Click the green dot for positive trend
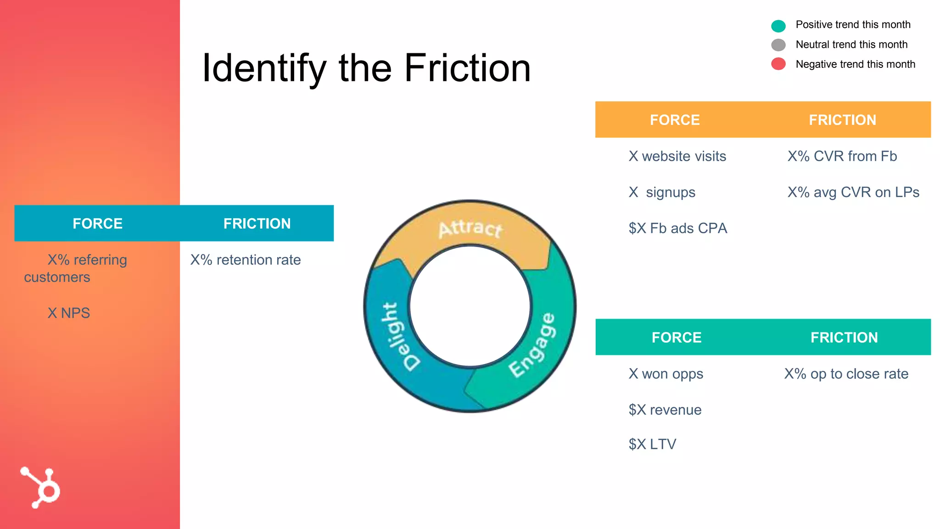pyautogui.click(x=778, y=26)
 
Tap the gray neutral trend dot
pyautogui.click(x=778, y=45)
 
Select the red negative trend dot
pyautogui.click(x=778, y=64)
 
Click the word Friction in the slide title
pyautogui.click(x=467, y=68)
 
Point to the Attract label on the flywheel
pyautogui.click(x=470, y=228)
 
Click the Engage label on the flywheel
pyautogui.click(x=533, y=345)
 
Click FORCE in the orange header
pyautogui.click(x=675, y=120)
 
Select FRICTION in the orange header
pyautogui.click(x=842, y=120)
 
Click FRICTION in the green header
pyautogui.click(x=844, y=338)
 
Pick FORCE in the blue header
pyautogui.click(x=97, y=224)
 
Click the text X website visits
pyautogui.click(x=677, y=156)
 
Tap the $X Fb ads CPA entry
pyautogui.click(x=678, y=228)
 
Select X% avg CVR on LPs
pyautogui.click(x=853, y=192)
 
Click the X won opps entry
pyautogui.click(x=666, y=374)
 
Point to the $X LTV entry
pyautogui.click(x=652, y=444)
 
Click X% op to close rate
pyautogui.click(x=846, y=374)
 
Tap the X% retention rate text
pyautogui.click(x=246, y=260)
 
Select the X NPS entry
pyautogui.click(x=69, y=313)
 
